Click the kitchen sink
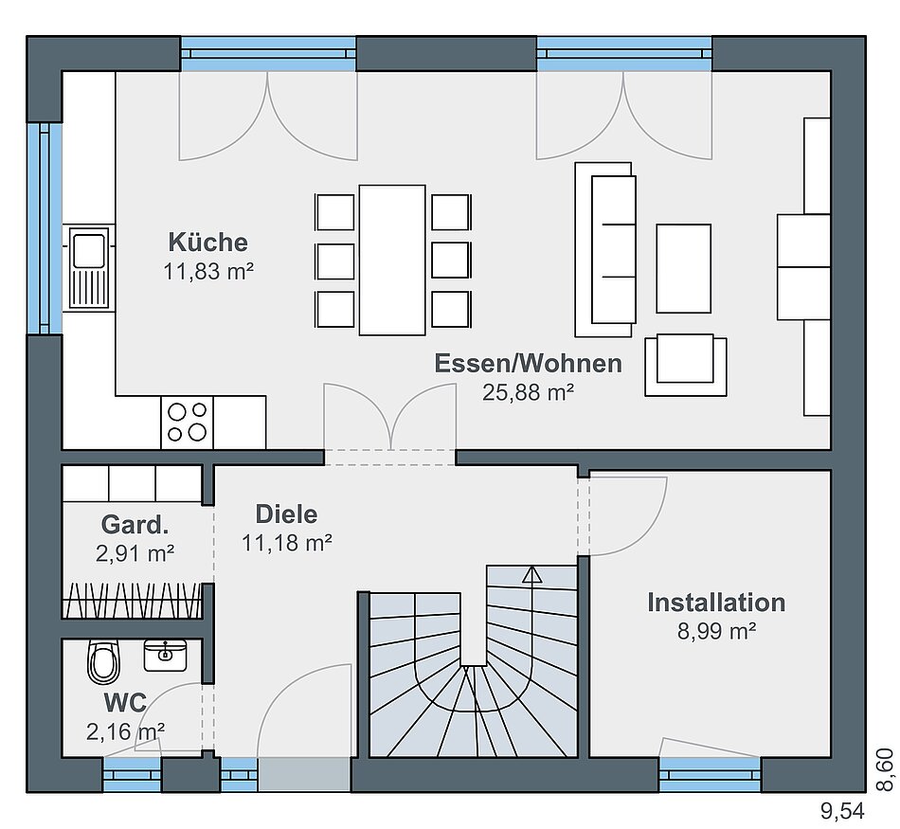[x=89, y=267]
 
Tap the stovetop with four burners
[x=187, y=422]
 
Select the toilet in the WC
[x=104, y=662]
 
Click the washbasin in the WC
[x=165, y=655]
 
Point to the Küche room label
[x=207, y=242]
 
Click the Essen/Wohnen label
[x=528, y=364]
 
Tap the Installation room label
[x=716, y=603]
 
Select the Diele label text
[x=286, y=514]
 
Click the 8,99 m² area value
[x=716, y=631]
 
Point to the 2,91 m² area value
[x=135, y=553]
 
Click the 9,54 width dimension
[x=842, y=811]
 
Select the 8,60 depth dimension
[x=886, y=770]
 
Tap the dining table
[x=392, y=260]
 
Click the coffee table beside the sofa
[x=684, y=268]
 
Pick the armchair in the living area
[x=686, y=365]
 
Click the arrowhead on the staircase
[x=532, y=574]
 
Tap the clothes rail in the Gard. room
[x=132, y=600]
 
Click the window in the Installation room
[x=710, y=774]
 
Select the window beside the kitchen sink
[x=45, y=228]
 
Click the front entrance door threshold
[x=304, y=774]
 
